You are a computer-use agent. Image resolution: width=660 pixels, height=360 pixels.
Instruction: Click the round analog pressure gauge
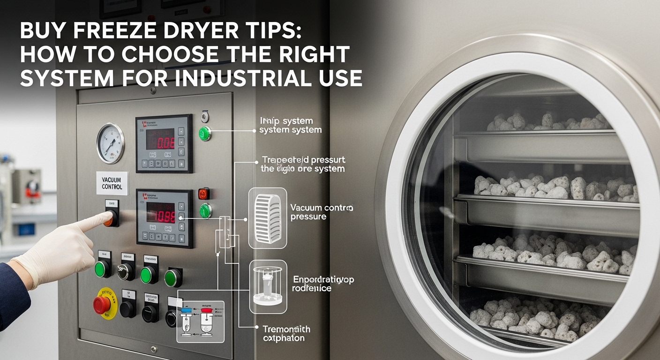tap(110, 143)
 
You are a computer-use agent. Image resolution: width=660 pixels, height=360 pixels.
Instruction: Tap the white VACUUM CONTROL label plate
tap(112, 183)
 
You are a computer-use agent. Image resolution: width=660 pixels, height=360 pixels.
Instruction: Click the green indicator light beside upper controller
tap(205, 133)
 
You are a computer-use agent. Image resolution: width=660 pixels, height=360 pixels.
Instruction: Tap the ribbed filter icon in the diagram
tap(268, 217)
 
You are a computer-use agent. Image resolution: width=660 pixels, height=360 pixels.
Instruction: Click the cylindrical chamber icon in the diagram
tap(268, 286)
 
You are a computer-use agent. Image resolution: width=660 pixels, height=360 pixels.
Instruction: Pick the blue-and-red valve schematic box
tap(200, 321)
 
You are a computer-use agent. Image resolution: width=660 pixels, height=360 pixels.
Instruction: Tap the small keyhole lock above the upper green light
tap(204, 116)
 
